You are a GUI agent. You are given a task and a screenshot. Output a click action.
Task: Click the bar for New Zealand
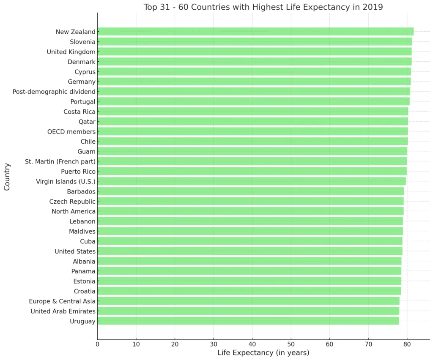(255, 32)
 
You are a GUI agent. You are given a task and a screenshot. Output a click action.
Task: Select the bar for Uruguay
(248, 321)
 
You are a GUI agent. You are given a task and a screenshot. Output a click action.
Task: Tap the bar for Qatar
(252, 122)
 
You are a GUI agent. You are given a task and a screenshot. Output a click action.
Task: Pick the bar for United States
(250, 251)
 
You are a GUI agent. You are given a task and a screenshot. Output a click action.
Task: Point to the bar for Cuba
(250, 241)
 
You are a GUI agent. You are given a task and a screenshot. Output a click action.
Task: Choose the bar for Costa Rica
(253, 112)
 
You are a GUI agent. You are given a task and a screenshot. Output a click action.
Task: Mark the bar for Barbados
(251, 191)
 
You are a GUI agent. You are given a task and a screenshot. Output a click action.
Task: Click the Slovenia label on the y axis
(82, 42)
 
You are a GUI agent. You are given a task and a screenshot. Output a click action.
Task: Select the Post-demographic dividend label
(54, 92)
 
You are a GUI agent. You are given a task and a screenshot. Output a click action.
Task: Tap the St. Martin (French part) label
(60, 161)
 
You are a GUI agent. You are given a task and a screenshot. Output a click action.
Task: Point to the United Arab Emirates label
(63, 311)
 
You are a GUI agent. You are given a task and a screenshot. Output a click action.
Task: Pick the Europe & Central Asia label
(62, 301)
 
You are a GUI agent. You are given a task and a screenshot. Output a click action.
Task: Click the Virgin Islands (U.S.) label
(66, 182)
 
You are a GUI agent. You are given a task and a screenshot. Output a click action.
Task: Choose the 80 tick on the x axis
(407, 344)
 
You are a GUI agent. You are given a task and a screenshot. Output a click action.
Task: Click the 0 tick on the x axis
(98, 344)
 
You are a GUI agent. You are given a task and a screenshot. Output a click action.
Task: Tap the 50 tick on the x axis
(291, 344)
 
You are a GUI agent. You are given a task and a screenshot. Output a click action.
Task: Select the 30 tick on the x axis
(214, 344)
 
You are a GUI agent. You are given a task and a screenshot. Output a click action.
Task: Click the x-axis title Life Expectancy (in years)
(263, 353)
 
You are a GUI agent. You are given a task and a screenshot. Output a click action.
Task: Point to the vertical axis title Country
(7, 177)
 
